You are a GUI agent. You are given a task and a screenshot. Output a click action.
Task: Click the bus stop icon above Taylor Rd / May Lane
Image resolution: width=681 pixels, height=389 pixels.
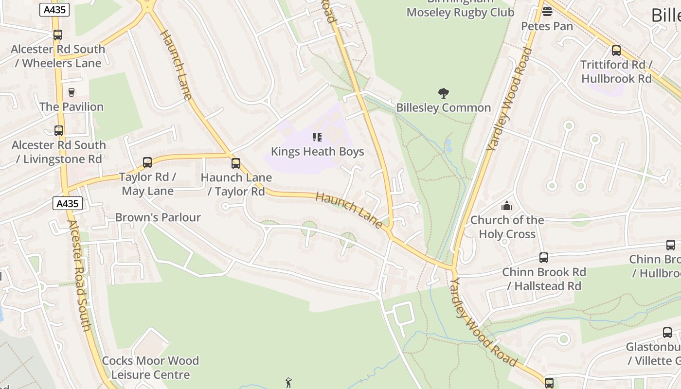147,162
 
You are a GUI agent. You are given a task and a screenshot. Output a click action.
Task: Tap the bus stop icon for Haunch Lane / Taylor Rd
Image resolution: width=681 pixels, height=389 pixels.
236,163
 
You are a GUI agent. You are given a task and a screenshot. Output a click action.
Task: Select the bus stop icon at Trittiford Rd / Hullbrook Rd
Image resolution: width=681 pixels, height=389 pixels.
616,51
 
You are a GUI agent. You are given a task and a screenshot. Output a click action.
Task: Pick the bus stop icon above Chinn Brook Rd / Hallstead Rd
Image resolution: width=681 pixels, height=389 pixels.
544,258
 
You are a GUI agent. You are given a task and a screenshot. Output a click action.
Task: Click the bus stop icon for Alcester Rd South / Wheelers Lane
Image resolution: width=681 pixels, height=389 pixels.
58,35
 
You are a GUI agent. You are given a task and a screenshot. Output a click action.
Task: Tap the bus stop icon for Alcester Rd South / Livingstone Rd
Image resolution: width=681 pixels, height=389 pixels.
59,131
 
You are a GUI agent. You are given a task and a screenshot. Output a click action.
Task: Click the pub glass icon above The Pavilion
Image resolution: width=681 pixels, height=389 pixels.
72,92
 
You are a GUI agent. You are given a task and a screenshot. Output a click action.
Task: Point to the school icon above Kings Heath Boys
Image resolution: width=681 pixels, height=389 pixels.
317,137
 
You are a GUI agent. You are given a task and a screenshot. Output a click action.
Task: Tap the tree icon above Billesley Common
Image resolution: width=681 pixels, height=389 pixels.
443,93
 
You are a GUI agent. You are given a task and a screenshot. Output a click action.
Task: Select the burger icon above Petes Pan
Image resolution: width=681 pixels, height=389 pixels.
547,12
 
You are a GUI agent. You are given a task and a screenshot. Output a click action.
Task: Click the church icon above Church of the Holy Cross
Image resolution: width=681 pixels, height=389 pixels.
507,206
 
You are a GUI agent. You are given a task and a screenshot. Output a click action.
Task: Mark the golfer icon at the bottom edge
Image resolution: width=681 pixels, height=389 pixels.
288,383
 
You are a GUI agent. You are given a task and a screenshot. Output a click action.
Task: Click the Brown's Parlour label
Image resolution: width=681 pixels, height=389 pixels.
158,217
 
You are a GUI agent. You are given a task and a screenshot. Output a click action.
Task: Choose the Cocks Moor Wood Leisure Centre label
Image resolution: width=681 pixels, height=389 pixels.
150,368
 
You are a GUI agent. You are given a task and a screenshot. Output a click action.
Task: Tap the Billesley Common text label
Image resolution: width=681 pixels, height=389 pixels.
443,107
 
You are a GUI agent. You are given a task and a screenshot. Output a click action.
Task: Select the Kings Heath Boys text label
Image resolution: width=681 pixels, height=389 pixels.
317,152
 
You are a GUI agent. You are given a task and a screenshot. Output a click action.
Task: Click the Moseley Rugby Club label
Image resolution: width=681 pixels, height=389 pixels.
460,12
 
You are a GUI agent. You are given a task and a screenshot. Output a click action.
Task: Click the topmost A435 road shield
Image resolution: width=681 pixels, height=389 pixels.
54,9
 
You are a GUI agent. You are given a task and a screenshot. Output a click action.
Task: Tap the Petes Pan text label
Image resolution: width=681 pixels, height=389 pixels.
547,26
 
